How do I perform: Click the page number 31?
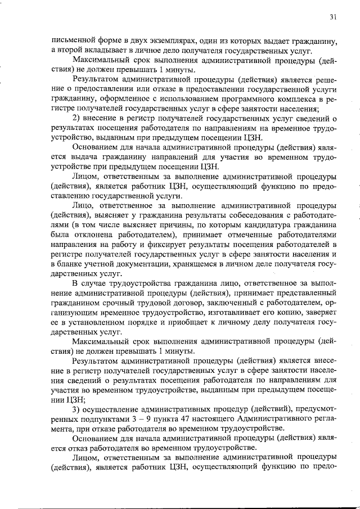tap(333, 17)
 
